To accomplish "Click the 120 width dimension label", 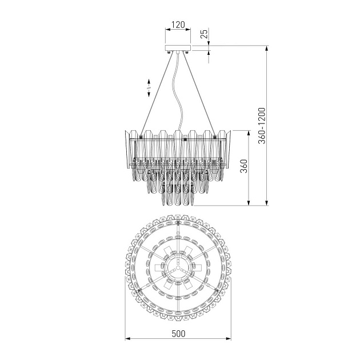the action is pos(178,25).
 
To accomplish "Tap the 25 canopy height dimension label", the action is pos(204,33).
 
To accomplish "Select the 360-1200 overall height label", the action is pos(262,126).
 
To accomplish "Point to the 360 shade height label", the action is pos(243,166).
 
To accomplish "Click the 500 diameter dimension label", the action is pos(178,334).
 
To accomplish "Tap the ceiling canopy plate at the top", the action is pos(178,48).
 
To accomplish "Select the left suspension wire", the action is pos(157,95).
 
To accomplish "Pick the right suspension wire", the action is pos(199,95).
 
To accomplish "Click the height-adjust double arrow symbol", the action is pos(149,88).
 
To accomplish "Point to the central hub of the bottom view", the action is pos(178,267).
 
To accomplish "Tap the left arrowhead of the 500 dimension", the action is pos(127,339).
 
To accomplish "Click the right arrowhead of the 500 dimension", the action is pos(229,339).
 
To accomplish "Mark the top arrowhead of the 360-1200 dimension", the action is pos(266,49).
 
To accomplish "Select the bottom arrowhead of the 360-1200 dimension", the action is pos(266,203).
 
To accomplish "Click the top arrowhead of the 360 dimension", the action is pos(249,133).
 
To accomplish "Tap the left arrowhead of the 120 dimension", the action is pos(168,29).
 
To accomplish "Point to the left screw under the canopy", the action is pos(169,52).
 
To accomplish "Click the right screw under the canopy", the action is pos(187,52).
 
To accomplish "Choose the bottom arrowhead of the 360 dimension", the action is pos(249,203).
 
